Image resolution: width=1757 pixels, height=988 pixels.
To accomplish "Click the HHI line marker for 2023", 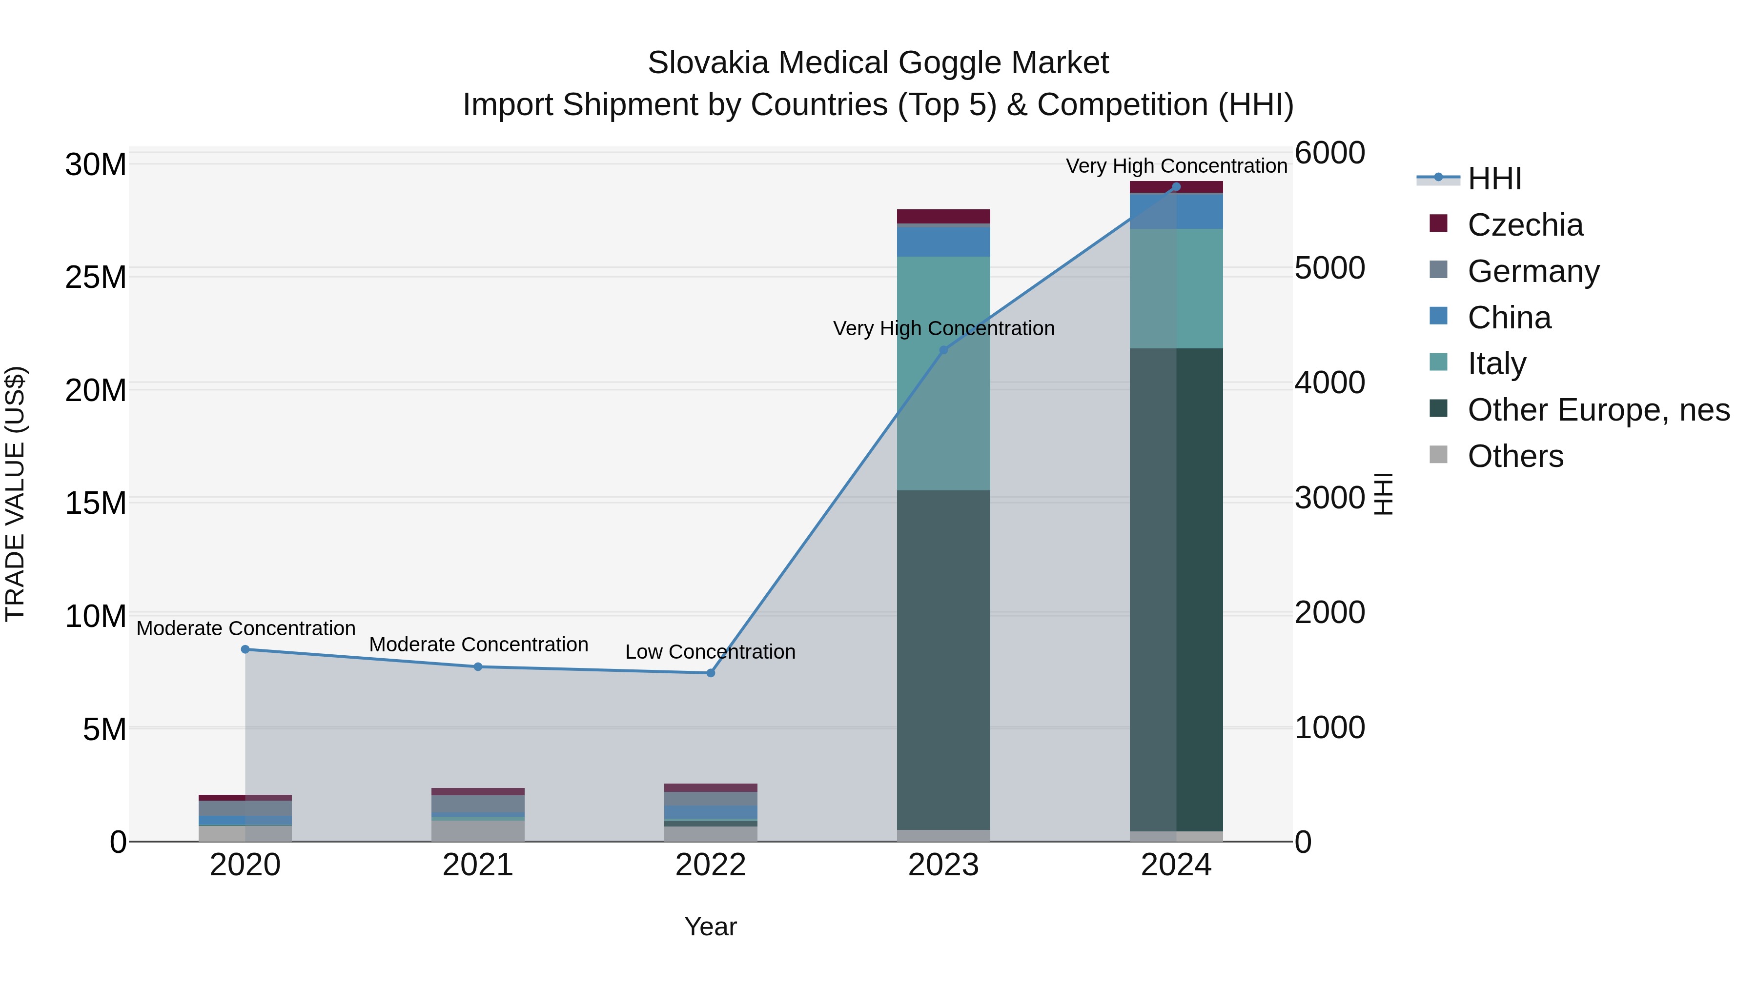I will coord(943,350).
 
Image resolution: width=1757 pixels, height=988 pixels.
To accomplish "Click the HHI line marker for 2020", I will coord(245,649).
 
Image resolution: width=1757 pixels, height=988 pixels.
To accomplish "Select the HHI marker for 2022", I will coord(711,673).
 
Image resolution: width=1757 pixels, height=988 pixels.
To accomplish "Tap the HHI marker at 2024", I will coord(1176,187).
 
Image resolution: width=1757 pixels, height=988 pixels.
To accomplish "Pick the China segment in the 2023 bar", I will coord(943,242).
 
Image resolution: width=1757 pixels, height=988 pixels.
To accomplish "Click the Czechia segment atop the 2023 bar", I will coord(943,216).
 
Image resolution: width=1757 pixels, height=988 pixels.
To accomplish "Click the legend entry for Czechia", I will coord(1525,225).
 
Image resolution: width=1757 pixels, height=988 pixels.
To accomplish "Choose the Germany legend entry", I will coord(1533,271).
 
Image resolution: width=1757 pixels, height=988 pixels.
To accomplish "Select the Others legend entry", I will coord(1515,456).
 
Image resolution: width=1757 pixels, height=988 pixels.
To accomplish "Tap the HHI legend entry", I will coord(1494,179).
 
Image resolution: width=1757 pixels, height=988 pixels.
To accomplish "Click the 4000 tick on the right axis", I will coord(1329,383).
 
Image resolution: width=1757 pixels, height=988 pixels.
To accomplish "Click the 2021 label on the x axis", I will coord(477,865).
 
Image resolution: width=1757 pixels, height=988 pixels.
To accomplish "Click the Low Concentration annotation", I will coord(710,652).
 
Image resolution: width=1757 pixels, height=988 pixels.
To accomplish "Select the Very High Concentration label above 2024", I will coord(1176,166).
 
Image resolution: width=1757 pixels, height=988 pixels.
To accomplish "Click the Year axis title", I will coord(710,927).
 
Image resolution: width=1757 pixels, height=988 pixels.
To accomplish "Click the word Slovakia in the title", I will coord(708,63).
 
